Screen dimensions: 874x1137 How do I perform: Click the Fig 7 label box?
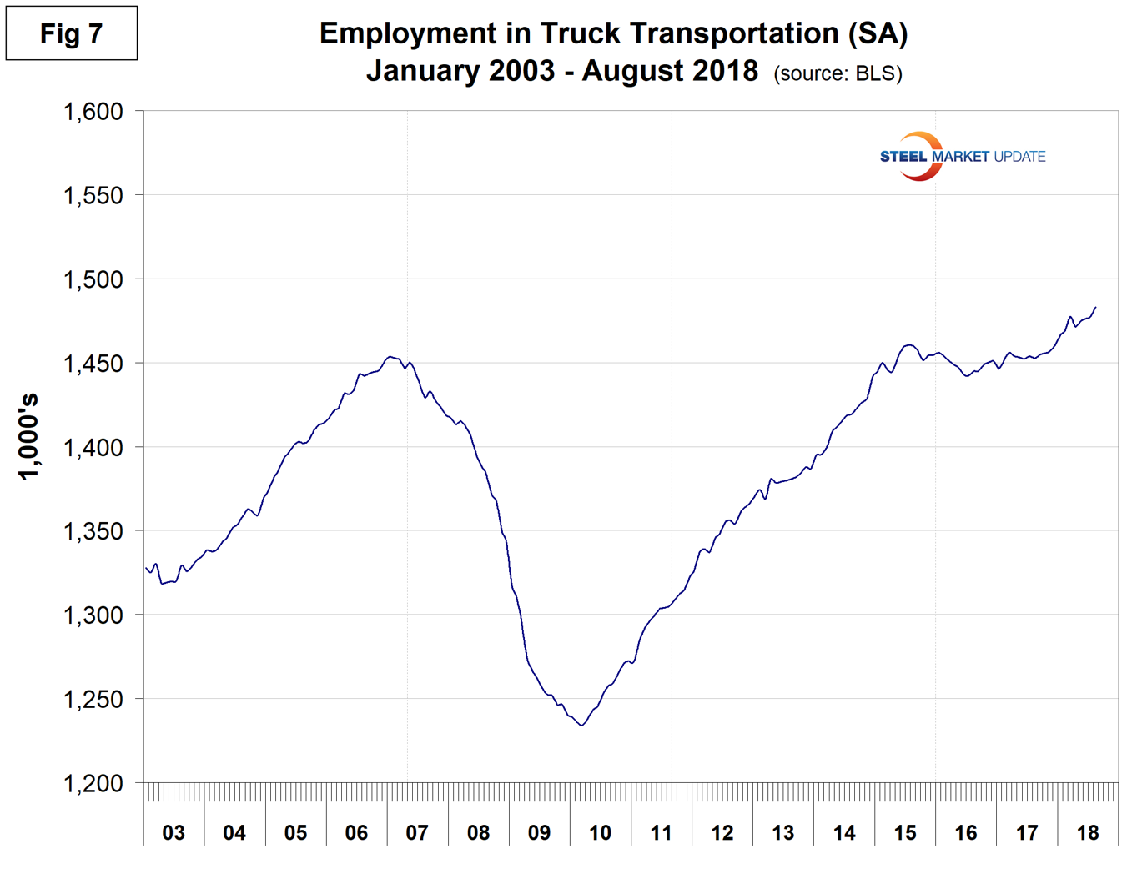click(x=72, y=33)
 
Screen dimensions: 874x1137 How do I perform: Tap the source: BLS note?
click(x=838, y=73)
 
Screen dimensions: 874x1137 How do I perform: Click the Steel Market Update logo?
click(x=961, y=156)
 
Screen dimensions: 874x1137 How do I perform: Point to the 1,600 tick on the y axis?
click(x=93, y=111)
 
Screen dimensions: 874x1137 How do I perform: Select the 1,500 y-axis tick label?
click(x=93, y=279)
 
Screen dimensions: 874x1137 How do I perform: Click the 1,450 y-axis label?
click(x=93, y=364)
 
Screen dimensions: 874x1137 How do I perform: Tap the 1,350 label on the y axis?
click(x=93, y=531)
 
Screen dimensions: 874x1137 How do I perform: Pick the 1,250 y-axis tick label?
click(x=93, y=700)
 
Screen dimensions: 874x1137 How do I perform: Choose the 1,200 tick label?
click(x=93, y=783)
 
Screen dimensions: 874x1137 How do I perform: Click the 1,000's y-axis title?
click(x=28, y=436)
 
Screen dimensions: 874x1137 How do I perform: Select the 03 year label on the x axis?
click(x=174, y=832)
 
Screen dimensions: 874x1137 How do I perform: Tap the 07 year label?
click(x=417, y=832)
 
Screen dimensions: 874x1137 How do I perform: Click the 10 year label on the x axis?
click(x=600, y=832)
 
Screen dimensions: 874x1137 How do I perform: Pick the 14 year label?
click(x=844, y=832)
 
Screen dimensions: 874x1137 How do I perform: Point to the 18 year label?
click(x=1088, y=832)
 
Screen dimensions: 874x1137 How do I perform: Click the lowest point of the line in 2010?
click(x=581, y=726)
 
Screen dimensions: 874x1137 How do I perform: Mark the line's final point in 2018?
click(x=1095, y=307)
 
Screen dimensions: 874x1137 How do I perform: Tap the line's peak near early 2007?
click(x=390, y=357)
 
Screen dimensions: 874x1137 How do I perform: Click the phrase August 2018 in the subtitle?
click(x=670, y=71)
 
